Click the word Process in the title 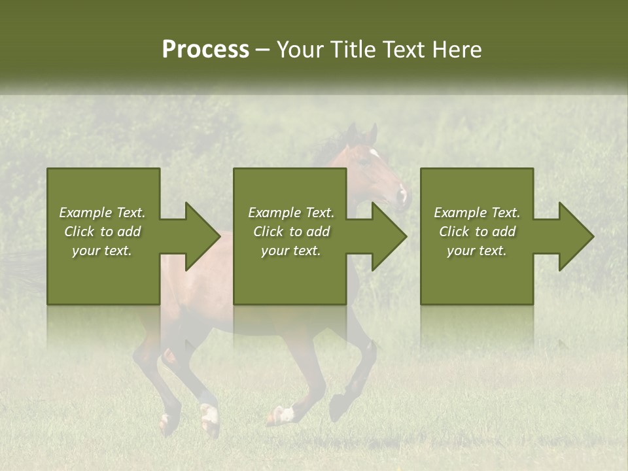205,50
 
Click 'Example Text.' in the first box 102,213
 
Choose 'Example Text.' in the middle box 290,213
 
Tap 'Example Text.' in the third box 476,213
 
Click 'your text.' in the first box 102,251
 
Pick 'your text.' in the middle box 290,251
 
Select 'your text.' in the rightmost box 476,251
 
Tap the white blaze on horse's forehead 374,154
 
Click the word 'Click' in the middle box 268,232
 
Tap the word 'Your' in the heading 298,50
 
